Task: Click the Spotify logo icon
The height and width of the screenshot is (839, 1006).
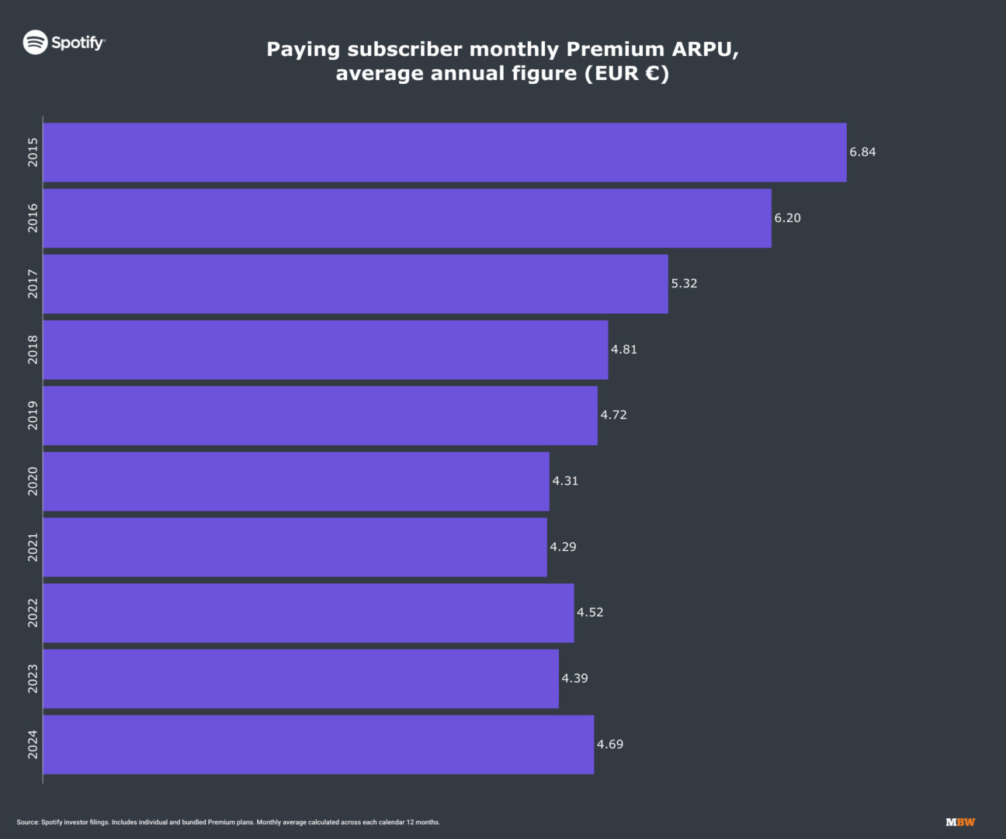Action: (36, 42)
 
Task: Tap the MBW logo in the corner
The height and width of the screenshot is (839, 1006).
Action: (960, 822)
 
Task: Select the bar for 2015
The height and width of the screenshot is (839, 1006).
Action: (444, 152)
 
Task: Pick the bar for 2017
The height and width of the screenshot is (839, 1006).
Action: (355, 284)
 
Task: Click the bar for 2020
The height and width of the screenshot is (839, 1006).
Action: (296, 482)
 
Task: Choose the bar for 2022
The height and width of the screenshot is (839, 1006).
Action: (308, 613)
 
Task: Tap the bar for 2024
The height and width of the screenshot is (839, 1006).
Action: (318, 744)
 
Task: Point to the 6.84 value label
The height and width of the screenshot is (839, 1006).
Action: (862, 152)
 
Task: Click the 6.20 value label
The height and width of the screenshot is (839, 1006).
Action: (787, 218)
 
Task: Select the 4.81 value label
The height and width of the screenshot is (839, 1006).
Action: (624, 350)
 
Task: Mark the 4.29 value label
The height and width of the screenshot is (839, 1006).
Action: (563, 547)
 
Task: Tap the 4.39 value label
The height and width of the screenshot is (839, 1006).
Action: (574, 678)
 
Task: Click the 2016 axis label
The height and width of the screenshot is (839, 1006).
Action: (33, 218)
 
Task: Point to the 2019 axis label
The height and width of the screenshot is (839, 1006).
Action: (33, 416)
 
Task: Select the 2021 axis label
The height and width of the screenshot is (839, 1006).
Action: (33, 547)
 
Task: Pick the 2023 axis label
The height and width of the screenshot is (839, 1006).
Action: (33, 678)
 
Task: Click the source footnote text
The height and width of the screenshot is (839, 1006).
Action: (228, 822)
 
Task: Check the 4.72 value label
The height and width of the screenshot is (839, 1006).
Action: (613, 415)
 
